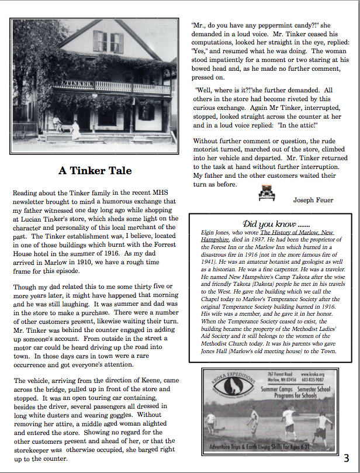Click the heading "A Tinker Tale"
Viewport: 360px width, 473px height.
tap(95, 171)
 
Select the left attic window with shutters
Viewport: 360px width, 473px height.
tap(101, 40)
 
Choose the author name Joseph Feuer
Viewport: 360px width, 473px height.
tap(313, 200)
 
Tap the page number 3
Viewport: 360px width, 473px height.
tap(347, 458)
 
